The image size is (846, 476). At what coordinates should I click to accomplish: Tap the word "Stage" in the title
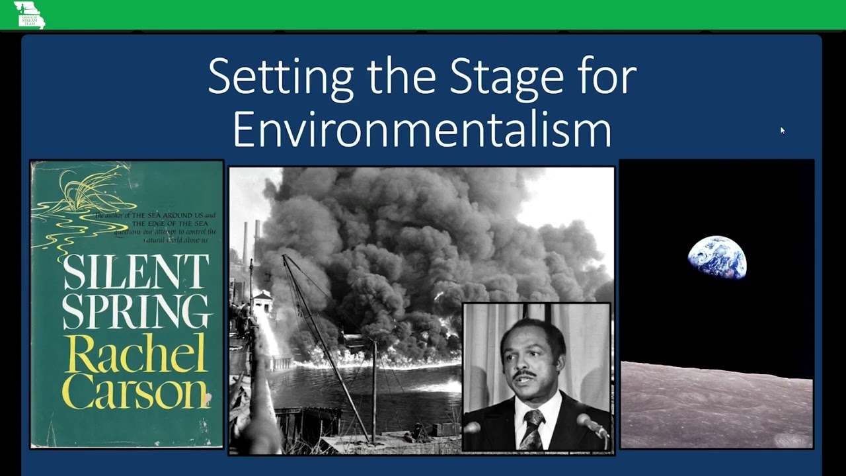click(x=506, y=78)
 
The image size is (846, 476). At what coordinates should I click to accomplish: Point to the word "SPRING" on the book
click(x=136, y=310)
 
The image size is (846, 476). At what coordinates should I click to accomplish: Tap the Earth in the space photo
click(x=717, y=258)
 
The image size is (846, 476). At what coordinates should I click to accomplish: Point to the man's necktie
click(x=532, y=430)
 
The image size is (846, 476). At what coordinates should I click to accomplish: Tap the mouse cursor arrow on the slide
click(x=782, y=130)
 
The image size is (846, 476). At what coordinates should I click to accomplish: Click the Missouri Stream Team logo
click(x=30, y=15)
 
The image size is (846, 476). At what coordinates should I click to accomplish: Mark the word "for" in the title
click(x=609, y=78)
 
